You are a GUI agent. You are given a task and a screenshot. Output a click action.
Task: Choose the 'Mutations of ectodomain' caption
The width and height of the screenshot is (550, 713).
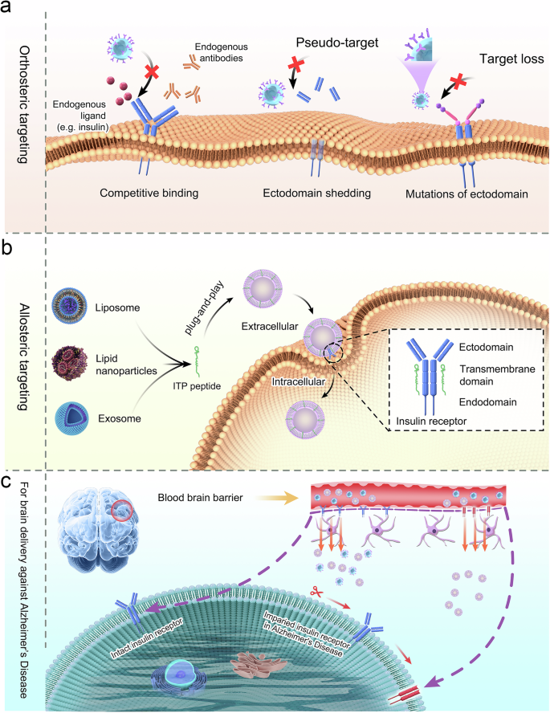click(467, 194)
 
